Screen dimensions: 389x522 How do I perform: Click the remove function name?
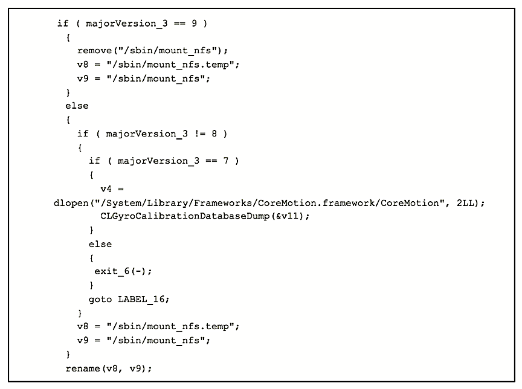(x=94, y=51)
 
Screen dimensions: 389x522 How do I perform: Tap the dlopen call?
(x=68, y=203)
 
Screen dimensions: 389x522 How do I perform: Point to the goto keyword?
(x=100, y=299)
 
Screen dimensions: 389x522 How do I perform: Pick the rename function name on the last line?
(x=83, y=368)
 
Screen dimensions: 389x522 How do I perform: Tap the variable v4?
(x=106, y=189)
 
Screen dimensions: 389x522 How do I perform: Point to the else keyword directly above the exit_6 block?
(x=100, y=244)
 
